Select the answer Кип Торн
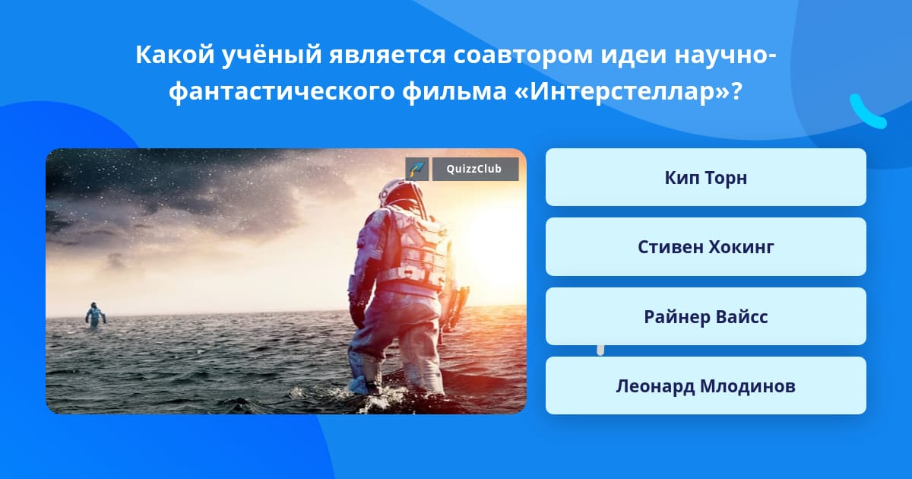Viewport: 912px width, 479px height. [x=705, y=177]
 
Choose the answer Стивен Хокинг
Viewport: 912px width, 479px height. [x=705, y=247]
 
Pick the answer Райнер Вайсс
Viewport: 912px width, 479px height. [x=705, y=316]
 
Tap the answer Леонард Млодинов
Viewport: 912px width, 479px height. [x=705, y=385]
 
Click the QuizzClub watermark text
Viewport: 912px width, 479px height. [x=474, y=169]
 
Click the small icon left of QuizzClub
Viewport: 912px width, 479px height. [x=417, y=169]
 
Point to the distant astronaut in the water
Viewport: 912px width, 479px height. [x=95, y=316]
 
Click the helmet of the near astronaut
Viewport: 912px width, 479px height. [x=401, y=193]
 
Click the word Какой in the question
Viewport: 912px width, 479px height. [x=175, y=55]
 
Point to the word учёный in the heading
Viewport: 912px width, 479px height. [x=271, y=56]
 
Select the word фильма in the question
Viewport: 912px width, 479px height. [x=454, y=91]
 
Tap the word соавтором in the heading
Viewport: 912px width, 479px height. [x=523, y=56]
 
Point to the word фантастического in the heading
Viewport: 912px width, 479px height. [x=282, y=91]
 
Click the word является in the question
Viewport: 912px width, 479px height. [x=387, y=56]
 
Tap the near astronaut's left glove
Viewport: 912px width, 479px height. [x=357, y=312]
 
